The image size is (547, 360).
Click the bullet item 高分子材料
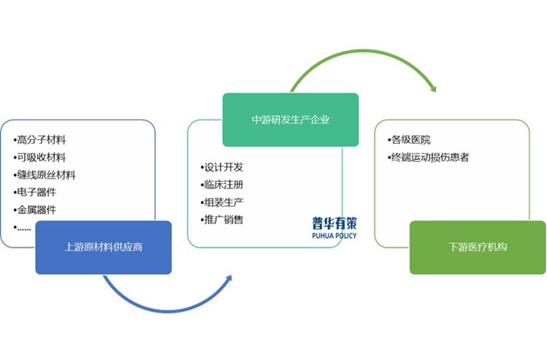click(x=39, y=140)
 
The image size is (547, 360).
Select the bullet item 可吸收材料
click(x=39, y=157)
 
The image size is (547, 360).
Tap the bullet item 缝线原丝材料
click(x=45, y=175)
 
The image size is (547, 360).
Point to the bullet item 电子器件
click(x=34, y=192)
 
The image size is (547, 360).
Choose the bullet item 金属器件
click(x=34, y=210)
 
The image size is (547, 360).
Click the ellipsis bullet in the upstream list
click(x=22, y=228)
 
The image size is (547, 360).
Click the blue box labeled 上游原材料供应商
click(x=104, y=248)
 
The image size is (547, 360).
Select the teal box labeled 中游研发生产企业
click(x=291, y=120)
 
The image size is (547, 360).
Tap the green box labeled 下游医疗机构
click(x=478, y=248)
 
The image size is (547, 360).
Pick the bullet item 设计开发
click(x=222, y=167)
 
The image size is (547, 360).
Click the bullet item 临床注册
click(x=222, y=185)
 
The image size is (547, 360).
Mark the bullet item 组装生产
click(x=222, y=202)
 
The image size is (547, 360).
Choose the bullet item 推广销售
click(x=222, y=220)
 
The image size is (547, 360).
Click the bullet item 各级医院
click(x=409, y=140)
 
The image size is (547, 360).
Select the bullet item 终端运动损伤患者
click(x=428, y=157)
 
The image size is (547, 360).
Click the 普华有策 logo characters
click(x=334, y=223)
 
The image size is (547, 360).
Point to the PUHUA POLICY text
click(x=334, y=236)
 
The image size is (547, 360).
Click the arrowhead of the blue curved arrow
click(x=229, y=277)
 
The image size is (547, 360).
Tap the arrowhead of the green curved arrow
click(x=434, y=89)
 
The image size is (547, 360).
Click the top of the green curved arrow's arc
click(x=364, y=51)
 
